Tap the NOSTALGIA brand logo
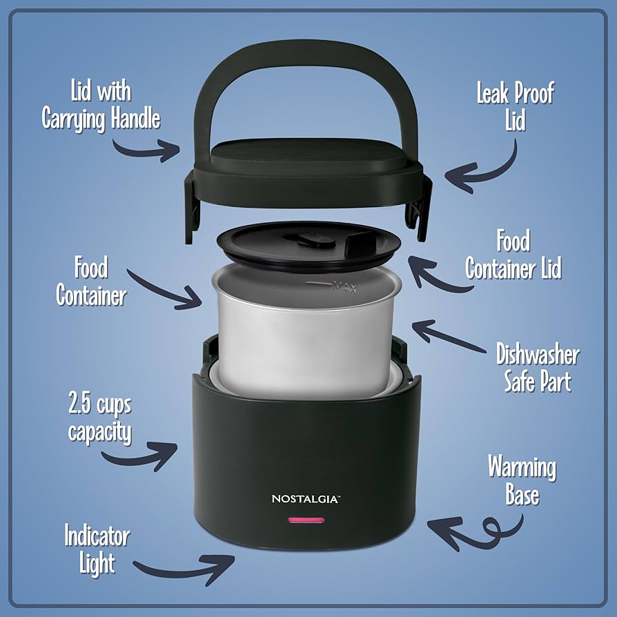click(304, 498)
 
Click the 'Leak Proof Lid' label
click(515, 107)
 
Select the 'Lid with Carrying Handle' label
click(101, 106)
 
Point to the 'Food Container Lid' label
click(513, 255)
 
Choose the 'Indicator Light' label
click(97, 549)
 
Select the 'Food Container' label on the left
click(91, 282)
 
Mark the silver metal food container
click(307, 338)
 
